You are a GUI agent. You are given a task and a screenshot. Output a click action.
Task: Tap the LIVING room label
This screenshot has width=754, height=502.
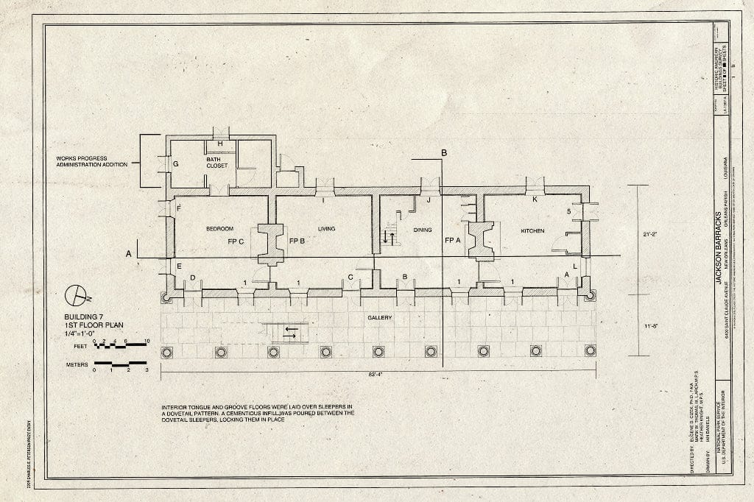pyautogui.click(x=326, y=229)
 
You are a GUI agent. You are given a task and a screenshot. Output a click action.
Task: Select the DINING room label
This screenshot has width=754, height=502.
pyautogui.click(x=422, y=230)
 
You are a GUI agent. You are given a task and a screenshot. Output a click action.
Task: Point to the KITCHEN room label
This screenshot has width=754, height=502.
pyautogui.click(x=532, y=230)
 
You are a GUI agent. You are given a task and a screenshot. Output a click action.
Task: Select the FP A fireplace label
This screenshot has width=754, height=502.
pyautogui.click(x=453, y=241)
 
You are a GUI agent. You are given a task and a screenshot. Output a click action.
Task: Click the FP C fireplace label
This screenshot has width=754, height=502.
pyautogui.click(x=236, y=241)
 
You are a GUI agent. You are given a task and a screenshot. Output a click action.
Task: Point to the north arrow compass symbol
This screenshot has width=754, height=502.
pyautogui.click(x=75, y=295)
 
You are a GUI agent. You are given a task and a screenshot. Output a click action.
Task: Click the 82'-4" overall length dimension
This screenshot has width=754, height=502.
pyautogui.click(x=377, y=375)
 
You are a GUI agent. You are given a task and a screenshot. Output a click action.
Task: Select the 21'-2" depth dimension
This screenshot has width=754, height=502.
pyautogui.click(x=650, y=235)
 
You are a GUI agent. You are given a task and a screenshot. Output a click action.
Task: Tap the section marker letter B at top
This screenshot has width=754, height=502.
pyautogui.click(x=444, y=153)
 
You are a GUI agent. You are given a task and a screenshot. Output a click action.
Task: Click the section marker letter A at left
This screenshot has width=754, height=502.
pyautogui.click(x=128, y=254)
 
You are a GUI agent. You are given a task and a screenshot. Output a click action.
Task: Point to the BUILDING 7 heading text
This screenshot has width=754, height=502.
pyautogui.click(x=86, y=316)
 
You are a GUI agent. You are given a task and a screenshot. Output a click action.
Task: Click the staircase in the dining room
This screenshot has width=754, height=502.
pyautogui.click(x=390, y=237)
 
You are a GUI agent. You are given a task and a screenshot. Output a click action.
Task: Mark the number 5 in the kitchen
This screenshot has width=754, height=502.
pyautogui.click(x=568, y=212)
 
